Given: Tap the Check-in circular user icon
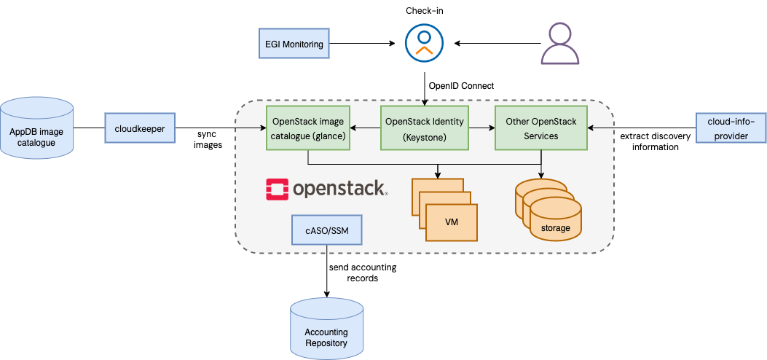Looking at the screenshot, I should click(424, 44).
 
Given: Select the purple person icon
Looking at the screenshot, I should click(559, 44).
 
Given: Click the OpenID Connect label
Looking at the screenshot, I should click(461, 86).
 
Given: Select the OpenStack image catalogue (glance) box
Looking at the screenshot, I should click(308, 128).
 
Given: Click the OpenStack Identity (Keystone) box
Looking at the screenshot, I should click(424, 128).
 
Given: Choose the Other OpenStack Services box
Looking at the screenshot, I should click(541, 128).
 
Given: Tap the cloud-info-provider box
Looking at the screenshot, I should click(731, 128).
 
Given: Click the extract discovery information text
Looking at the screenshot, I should click(649, 141).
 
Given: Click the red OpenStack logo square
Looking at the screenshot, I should click(277, 189).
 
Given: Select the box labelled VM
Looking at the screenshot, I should click(451, 222).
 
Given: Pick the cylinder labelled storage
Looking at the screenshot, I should click(556, 219).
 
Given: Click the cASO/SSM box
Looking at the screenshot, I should click(326, 230).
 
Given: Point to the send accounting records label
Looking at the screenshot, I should click(362, 273).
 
